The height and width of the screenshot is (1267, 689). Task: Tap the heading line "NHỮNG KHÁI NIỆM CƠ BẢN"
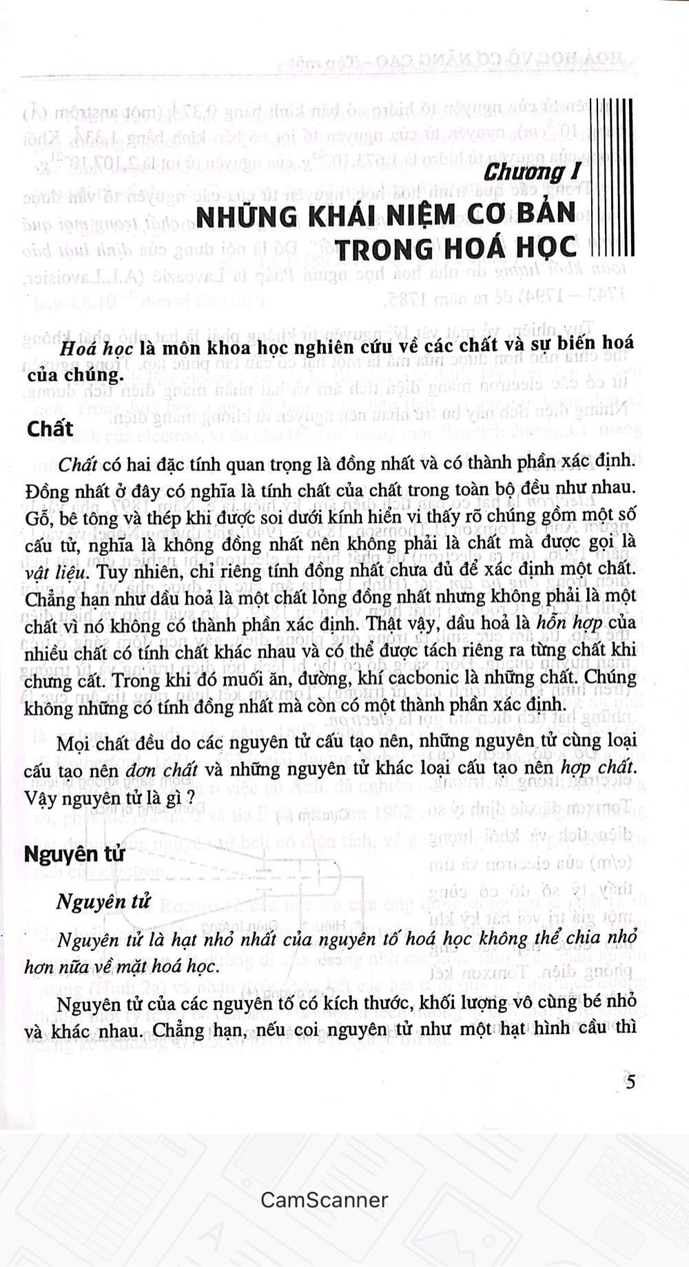[385, 216]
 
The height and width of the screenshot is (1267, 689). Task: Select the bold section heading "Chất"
[50, 428]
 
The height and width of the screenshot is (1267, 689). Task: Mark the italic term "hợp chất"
[593, 768]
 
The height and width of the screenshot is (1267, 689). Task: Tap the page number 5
[630, 1082]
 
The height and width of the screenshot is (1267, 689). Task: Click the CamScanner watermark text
[324, 1200]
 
